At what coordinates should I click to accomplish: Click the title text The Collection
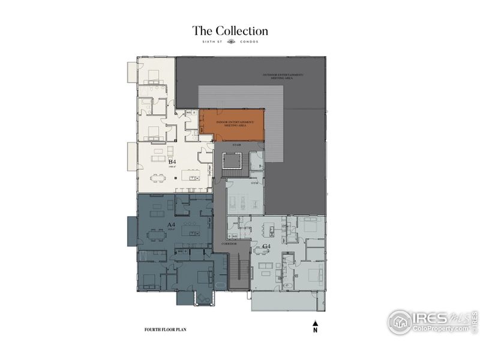(230, 31)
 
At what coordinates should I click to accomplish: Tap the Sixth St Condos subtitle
(230, 42)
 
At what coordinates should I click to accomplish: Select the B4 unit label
(172, 162)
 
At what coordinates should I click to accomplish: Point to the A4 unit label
(172, 226)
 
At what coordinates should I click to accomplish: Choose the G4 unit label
(267, 247)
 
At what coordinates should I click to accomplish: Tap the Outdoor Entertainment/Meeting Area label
(283, 76)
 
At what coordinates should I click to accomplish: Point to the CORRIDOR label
(229, 244)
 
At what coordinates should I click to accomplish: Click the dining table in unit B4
(158, 177)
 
